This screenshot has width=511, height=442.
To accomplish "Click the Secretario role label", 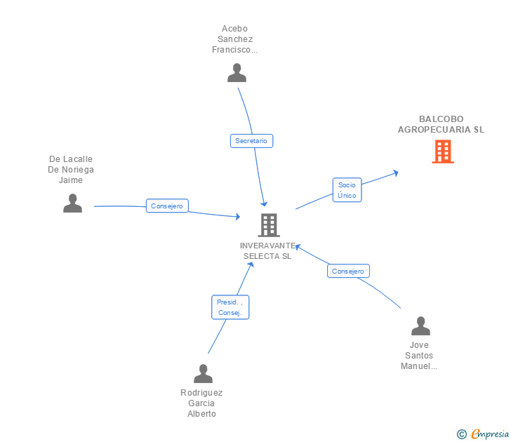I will coord(251,141).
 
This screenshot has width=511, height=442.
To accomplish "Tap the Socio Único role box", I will coord(347,190).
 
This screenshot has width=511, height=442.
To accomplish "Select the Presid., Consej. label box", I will coord(230,307).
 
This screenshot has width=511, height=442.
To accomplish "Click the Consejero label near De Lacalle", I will coord(167,206).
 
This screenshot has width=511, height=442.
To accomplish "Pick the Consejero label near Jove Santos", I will coord(348,271).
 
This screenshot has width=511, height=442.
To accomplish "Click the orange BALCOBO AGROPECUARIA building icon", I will coord(443,152).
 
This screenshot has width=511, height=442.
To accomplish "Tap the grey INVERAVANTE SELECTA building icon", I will coord(269,225).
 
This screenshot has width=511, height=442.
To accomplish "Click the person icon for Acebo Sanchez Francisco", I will coord(237,73).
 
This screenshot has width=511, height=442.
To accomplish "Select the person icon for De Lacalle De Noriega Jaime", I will coord(72,203).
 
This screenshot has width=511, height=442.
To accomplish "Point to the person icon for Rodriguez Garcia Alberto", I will coord(203,374).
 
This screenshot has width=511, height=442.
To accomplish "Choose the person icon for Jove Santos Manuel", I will coord(420,326).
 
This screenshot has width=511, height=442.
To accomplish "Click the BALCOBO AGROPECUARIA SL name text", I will coord(441,124).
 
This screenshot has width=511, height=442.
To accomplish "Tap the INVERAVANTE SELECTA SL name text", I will coord(267,251).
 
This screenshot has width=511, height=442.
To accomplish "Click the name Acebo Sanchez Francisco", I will coord(235,39).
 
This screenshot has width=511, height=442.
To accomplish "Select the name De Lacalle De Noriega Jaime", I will coord(71,170).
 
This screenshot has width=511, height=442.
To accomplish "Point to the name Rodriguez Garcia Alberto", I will coord(201,403).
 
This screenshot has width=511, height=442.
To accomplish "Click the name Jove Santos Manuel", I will coord(419,356).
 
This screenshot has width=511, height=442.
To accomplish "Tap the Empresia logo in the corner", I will coord(489,434).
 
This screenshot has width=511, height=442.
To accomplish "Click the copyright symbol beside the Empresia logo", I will coord(461,434).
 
